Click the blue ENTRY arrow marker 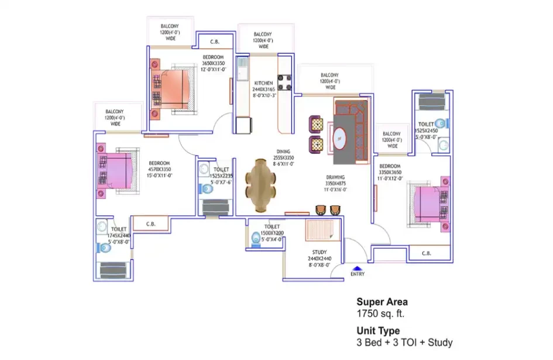pos(357,268)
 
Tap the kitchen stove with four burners pos(285,83)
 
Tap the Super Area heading pos(382,302)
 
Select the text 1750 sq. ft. pos(381,314)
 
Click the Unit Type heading pos(378,331)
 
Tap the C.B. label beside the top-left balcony pos(215,42)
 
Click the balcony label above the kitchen pos(264,40)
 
